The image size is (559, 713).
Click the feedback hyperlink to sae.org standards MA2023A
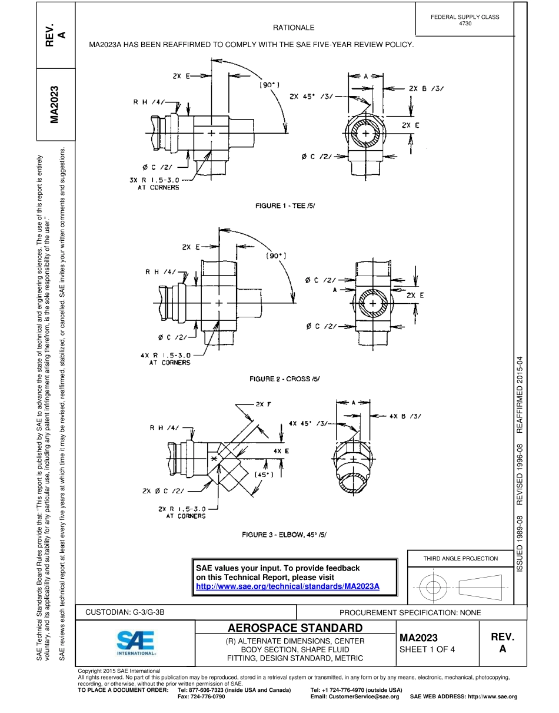287,586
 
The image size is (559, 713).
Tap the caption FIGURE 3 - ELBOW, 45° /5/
284,535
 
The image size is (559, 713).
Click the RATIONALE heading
294,28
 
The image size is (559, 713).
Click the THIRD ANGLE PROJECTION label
460,558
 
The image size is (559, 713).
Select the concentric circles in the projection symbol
433,587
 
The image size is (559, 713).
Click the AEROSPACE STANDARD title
295,628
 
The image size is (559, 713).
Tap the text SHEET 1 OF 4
427,649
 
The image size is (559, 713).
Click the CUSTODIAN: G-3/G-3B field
125,612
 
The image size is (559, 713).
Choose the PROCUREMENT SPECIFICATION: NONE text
410,612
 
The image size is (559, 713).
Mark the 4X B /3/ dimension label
405,416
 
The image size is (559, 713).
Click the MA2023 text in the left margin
55,105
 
